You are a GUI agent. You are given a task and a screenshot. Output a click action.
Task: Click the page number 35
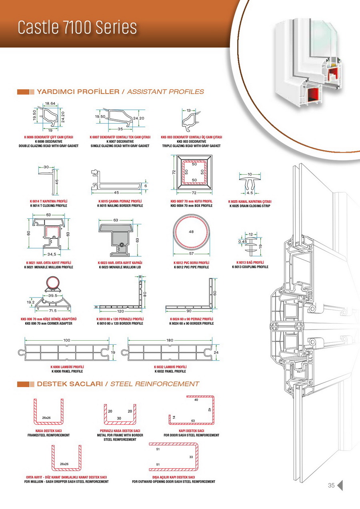click(x=331, y=485)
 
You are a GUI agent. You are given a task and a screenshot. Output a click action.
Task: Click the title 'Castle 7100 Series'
click(x=77, y=27)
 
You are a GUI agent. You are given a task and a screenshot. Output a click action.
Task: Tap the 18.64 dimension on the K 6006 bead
click(x=50, y=104)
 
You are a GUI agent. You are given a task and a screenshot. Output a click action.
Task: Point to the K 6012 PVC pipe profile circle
click(x=192, y=236)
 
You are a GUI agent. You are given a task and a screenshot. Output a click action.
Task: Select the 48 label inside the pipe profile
click(x=192, y=232)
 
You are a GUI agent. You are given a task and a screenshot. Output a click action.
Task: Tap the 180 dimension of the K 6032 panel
click(x=170, y=340)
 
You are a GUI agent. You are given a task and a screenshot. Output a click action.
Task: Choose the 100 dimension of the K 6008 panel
click(x=66, y=340)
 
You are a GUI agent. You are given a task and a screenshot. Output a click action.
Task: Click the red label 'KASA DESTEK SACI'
click(x=48, y=431)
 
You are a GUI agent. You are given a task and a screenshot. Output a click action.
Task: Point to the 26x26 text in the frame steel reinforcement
click(x=46, y=417)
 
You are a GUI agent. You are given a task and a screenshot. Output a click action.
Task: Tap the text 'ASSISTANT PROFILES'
click(x=165, y=92)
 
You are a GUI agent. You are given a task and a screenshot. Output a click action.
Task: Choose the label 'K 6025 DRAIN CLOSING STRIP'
click(x=250, y=206)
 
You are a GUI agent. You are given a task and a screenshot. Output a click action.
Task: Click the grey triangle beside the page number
click(x=340, y=485)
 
